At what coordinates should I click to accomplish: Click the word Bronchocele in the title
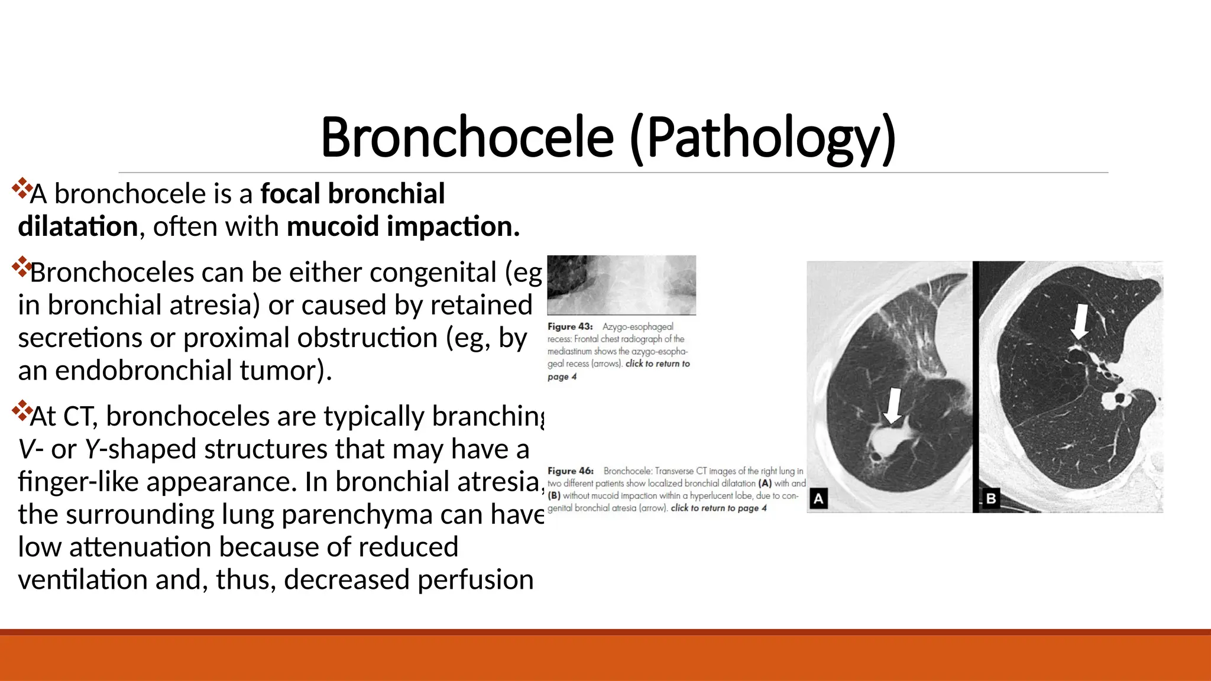click(x=467, y=137)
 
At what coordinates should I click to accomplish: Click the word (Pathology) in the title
click(x=763, y=137)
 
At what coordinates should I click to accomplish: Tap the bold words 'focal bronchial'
click(x=352, y=194)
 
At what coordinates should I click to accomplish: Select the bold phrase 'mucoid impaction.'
click(x=403, y=226)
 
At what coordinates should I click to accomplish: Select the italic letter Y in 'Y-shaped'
click(x=91, y=449)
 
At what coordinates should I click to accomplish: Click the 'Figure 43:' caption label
click(x=570, y=326)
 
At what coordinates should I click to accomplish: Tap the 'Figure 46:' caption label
click(x=570, y=471)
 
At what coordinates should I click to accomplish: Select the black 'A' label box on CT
click(x=818, y=498)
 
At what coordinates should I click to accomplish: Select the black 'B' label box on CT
click(x=991, y=498)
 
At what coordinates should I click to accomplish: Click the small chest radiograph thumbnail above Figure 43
click(x=621, y=284)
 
